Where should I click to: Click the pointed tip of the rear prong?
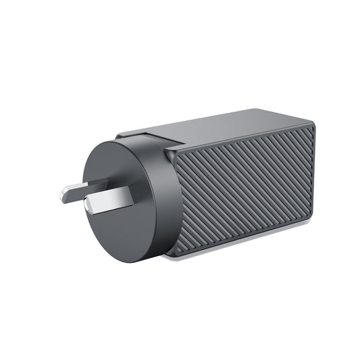[x=62, y=196]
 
